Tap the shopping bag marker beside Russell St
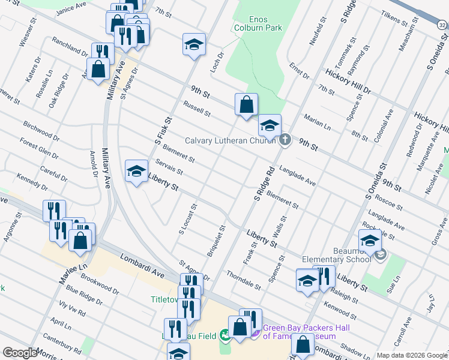pyautogui.click(x=246, y=105)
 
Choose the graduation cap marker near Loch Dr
pyautogui.click(x=193, y=45)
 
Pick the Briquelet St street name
pyautogui.click(x=215, y=241)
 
